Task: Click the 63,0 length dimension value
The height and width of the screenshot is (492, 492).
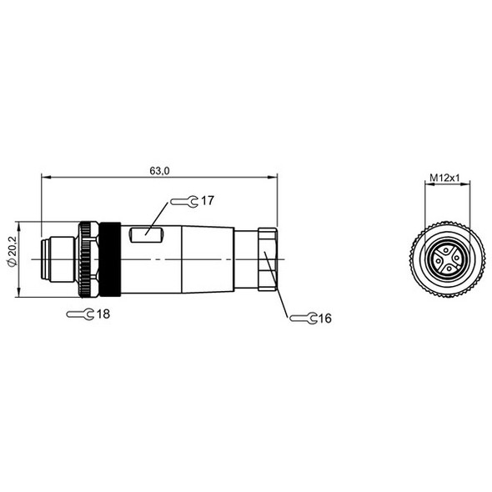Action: point(159,170)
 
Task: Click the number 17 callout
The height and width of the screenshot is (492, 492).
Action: point(208,201)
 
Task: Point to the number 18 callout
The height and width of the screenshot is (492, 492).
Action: point(103,314)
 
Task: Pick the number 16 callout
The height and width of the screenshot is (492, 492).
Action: point(324,319)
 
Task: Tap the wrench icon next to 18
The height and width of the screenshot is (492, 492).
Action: point(79,314)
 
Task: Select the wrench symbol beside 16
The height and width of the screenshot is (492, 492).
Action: point(302,319)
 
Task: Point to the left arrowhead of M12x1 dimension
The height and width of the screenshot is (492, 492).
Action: point(427,184)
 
